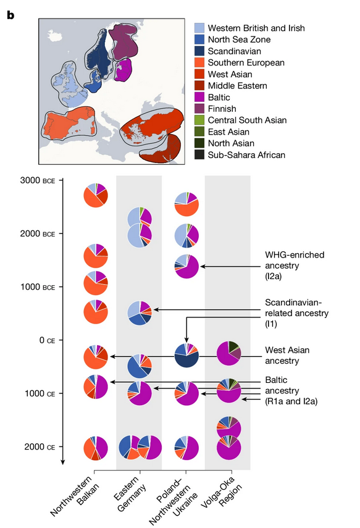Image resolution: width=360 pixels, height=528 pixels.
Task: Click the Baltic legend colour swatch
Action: tap(199, 98)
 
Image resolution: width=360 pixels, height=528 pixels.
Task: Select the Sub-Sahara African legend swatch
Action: tap(199, 155)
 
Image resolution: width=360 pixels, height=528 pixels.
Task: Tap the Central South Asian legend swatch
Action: tap(199, 120)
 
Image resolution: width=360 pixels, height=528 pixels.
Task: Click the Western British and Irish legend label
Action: tap(256, 28)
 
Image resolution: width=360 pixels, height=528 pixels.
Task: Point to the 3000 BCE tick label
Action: tap(38, 180)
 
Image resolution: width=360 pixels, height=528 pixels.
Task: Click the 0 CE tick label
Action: tap(47, 340)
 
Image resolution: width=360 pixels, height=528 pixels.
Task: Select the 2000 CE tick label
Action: tap(40, 447)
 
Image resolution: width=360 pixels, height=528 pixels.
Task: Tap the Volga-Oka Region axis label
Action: tap(221, 492)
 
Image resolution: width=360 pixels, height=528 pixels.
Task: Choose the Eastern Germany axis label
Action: tap(130, 493)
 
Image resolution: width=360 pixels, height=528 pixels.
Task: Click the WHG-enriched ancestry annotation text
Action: tap(295, 266)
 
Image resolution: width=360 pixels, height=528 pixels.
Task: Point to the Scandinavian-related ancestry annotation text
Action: tap(296, 313)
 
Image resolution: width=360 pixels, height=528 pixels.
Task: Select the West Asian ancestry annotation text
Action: tap(287, 355)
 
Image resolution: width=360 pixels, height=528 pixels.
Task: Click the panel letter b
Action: tap(10, 15)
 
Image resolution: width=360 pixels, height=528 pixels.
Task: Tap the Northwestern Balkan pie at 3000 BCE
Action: tap(96, 195)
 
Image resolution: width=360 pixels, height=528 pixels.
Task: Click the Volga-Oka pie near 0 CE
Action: tap(229, 353)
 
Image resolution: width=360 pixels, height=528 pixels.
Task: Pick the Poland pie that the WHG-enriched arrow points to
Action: tap(186, 266)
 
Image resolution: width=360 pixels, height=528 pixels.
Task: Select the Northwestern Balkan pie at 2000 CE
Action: tap(96, 448)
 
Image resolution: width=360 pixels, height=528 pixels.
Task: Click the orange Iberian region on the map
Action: tap(69, 124)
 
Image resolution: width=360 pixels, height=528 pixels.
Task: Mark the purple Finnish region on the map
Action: tap(123, 41)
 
